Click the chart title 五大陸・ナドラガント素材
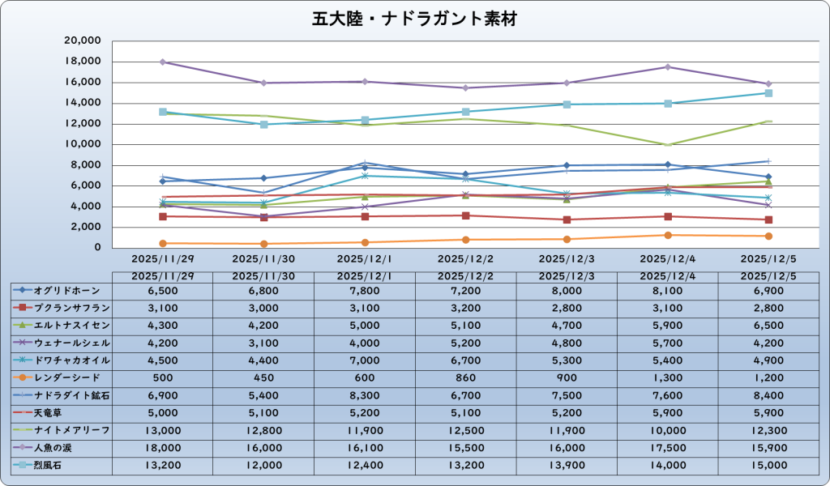coord(414,18)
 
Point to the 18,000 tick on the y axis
coord(83,62)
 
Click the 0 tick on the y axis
coord(95,248)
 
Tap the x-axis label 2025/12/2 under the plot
coord(465,258)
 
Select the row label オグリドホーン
coord(67,290)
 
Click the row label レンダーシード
coord(67,377)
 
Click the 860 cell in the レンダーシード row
coord(465,377)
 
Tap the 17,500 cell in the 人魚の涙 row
coord(667,447)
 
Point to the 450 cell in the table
coord(263,377)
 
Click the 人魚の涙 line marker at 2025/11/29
coord(163,62)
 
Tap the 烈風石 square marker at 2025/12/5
coord(768,93)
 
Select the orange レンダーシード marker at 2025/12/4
coord(668,235)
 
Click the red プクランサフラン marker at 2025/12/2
coord(465,215)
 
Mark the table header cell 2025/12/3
coord(567,275)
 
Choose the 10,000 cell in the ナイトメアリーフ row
coord(667,429)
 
